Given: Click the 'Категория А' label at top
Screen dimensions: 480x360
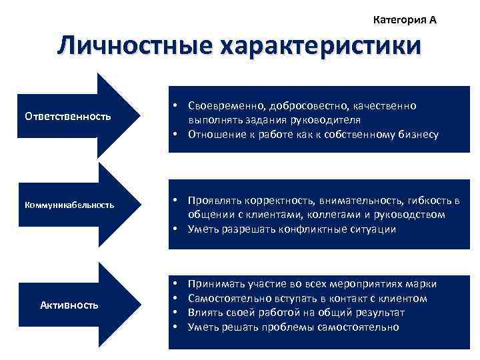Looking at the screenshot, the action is pyautogui.click(x=405, y=20).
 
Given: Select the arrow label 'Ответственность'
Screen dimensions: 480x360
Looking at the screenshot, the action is pyautogui.click(x=67, y=117).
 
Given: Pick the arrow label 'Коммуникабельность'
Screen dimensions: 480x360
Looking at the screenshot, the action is pyautogui.click(x=70, y=205).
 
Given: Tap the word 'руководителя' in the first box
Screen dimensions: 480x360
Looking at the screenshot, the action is pyautogui.click(x=325, y=120).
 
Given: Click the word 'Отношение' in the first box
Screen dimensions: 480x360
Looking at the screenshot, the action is pyautogui.click(x=215, y=134).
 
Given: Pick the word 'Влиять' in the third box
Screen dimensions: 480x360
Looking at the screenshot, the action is pyautogui.click(x=203, y=312).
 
